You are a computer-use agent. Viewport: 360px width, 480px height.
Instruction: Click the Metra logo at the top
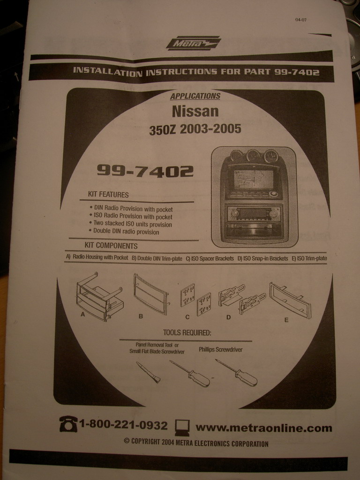(x=194, y=43)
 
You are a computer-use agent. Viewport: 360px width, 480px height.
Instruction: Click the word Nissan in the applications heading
(x=195, y=111)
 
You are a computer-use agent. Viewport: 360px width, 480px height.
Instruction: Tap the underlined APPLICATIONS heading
(x=195, y=96)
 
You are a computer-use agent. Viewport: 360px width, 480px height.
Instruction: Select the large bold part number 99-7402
(x=145, y=171)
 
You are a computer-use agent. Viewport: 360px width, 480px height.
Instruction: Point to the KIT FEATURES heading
(x=108, y=195)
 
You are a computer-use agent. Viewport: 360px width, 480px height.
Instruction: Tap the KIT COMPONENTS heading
(x=111, y=246)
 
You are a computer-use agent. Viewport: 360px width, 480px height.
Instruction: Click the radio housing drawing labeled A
(x=100, y=296)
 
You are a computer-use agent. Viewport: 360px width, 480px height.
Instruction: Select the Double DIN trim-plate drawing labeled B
(x=151, y=294)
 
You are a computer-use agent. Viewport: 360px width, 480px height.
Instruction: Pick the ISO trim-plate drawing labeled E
(x=290, y=300)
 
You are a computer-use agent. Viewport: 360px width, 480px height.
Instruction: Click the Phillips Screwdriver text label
(x=220, y=349)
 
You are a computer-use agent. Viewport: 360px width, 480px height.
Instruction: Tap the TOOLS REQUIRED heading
(x=187, y=333)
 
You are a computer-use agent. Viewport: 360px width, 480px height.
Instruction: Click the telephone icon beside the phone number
(x=68, y=424)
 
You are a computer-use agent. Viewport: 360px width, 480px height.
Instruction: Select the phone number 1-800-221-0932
(x=123, y=425)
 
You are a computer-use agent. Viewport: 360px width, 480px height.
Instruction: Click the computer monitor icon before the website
(x=182, y=427)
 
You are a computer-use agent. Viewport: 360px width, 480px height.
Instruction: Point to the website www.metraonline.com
(x=264, y=427)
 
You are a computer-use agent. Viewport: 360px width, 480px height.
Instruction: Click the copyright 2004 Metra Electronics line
(x=196, y=442)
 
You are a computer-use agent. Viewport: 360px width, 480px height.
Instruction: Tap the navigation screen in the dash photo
(x=254, y=180)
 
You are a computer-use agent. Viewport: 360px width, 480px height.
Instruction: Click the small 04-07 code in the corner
(x=301, y=20)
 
